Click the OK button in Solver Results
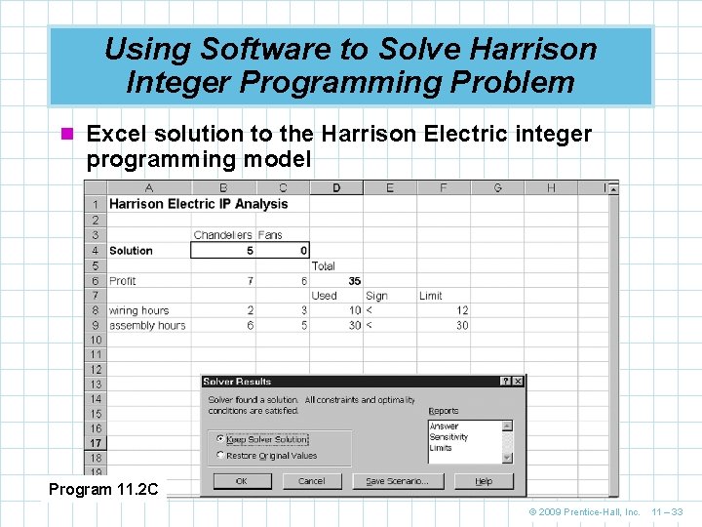coord(241,481)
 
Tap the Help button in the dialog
coord(484,481)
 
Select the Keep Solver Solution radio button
coord(220,439)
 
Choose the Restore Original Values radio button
coord(220,456)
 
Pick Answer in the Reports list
coord(445,426)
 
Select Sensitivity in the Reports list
coord(449,437)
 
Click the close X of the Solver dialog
coord(518,382)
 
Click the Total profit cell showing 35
coord(354,281)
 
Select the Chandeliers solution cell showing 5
coord(250,251)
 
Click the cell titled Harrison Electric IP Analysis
coord(198,204)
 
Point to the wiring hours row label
coord(138,310)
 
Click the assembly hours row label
coord(146,325)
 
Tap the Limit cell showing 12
coord(461,310)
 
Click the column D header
coord(336,187)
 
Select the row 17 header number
coord(96,442)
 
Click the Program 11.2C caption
coord(103,489)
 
